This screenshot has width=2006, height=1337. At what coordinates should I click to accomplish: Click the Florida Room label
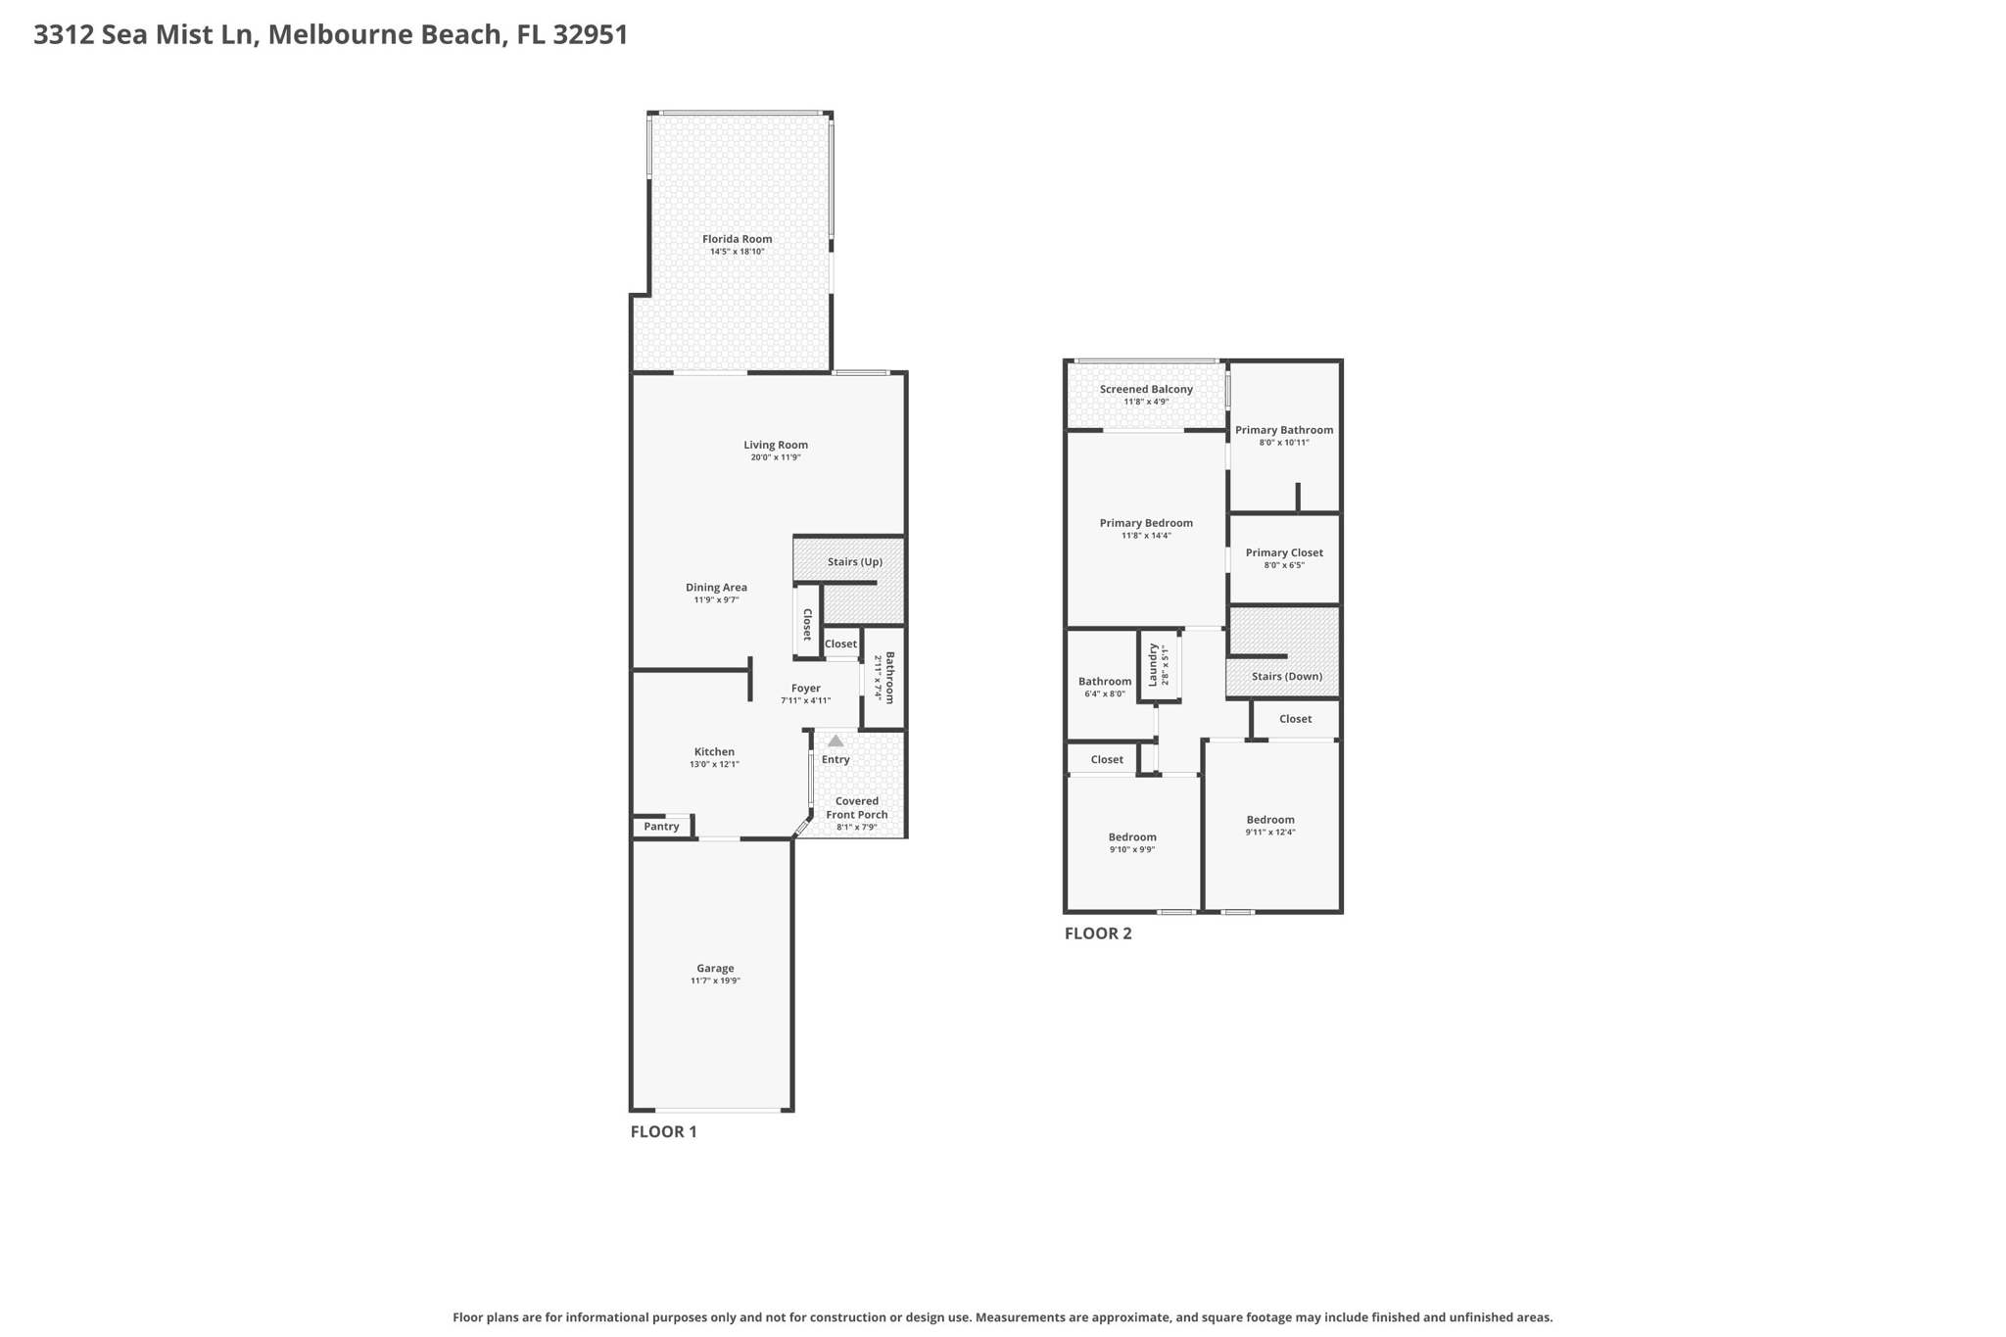click(x=737, y=239)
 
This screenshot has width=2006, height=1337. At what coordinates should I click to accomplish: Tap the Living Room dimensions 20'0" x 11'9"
click(x=776, y=457)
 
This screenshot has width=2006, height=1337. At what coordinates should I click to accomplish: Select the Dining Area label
click(x=716, y=588)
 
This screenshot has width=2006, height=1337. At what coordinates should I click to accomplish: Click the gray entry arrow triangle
click(x=836, y=741)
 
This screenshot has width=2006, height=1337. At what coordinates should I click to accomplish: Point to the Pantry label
click(x=662, y=827)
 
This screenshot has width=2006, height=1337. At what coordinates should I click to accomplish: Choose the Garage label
click(x=715, y=969)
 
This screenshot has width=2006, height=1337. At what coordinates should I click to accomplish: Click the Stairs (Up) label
click(x=855, y=562)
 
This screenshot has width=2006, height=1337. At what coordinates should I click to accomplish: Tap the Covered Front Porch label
click(x=857, y=808)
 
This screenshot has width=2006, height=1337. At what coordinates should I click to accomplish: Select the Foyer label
click(x=806, y=689)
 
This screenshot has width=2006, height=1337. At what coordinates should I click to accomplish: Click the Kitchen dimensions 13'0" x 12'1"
click(x=714, y=764)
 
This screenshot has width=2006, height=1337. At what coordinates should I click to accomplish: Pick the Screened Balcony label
click(x=1146, y=390)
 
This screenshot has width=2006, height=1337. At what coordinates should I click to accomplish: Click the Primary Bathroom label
click(x=1284, y=430)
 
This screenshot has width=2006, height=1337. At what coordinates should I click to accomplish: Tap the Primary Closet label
click(x=1284, y=553)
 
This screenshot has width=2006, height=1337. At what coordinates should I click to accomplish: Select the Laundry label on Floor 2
click(x=1154, y=664)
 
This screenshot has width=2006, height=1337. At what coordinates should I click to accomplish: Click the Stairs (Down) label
click(x=1287, y=677)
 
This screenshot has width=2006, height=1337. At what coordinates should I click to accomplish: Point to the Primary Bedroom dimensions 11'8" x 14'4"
click(x=1146, y=536)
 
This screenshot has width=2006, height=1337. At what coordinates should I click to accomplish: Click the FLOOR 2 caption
click(x=1098, y=933)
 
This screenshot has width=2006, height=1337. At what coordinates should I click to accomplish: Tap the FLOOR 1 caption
click(x=663, y=1132)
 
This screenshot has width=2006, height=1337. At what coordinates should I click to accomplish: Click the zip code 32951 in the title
click(x=590, y=35)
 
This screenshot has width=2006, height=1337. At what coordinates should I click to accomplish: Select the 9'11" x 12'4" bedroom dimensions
click(x=1270, y=833)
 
